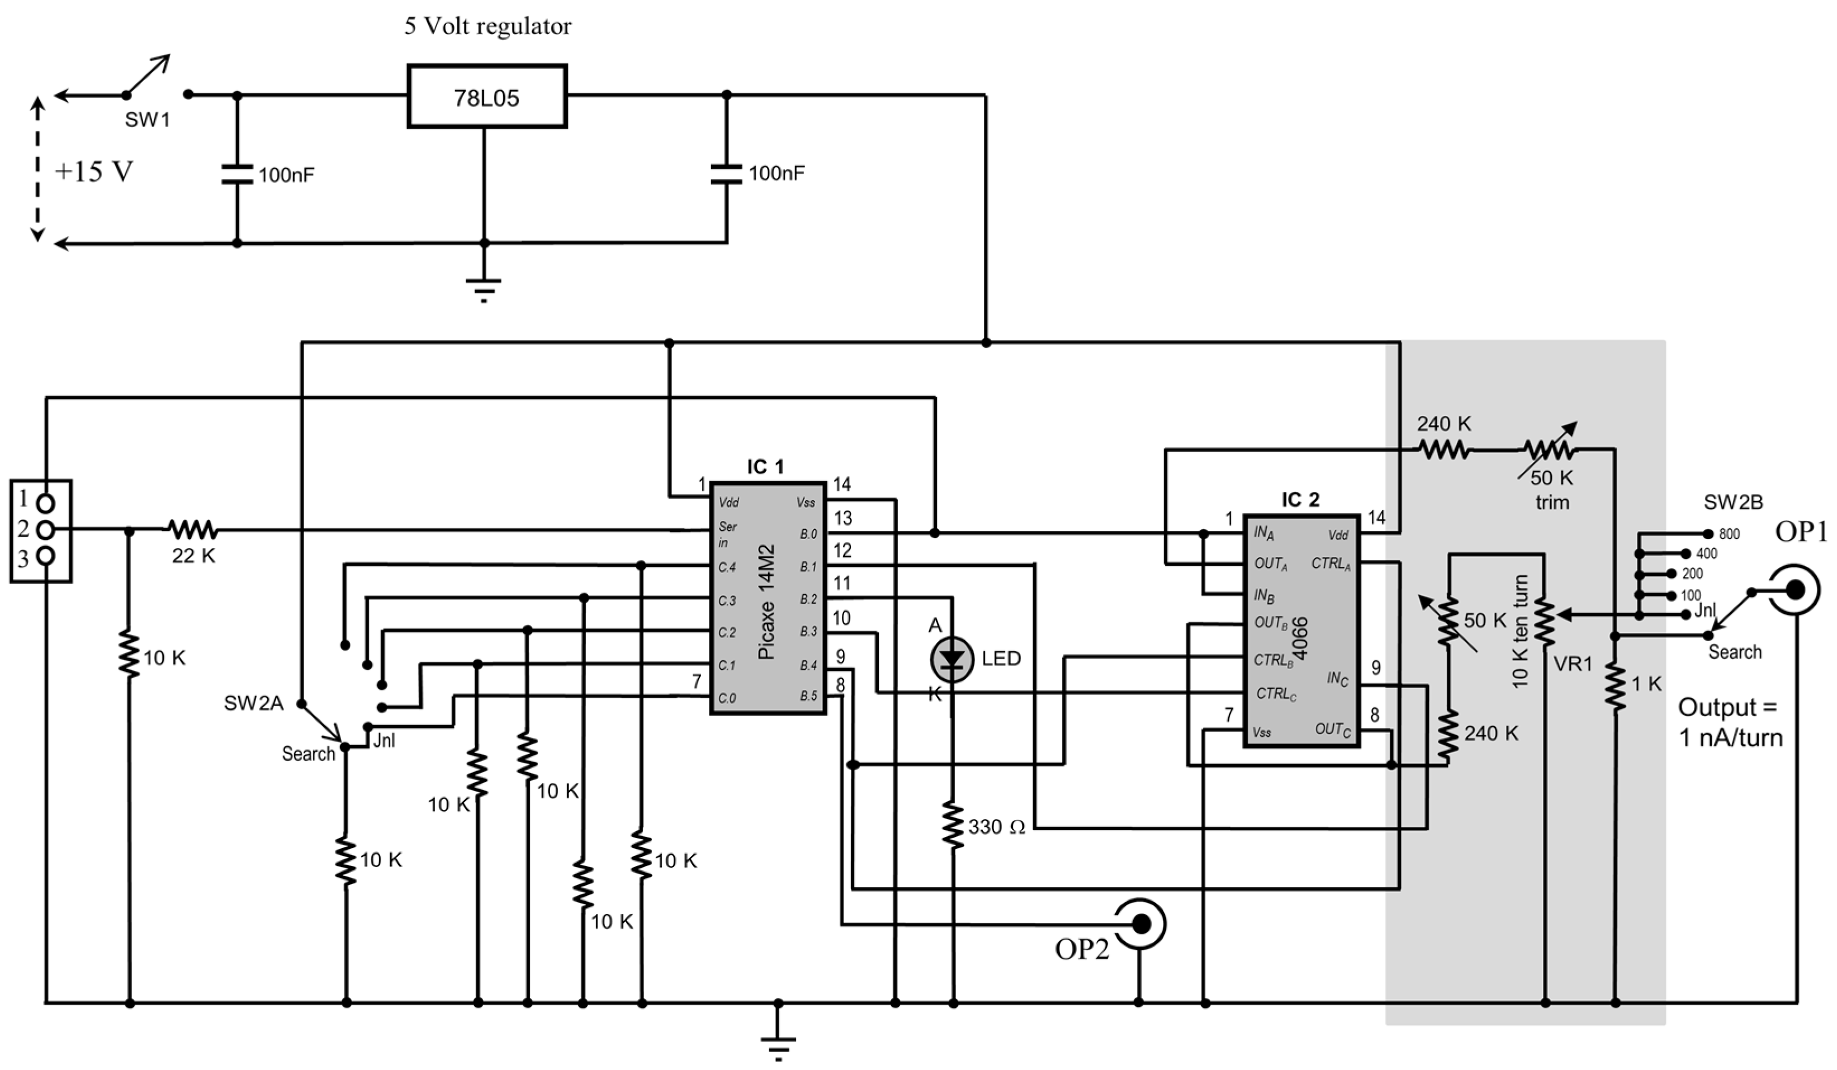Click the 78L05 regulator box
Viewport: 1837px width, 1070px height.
[487, 97]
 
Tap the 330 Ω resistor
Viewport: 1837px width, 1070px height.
[953, 825]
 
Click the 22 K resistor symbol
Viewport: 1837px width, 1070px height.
[192, 529]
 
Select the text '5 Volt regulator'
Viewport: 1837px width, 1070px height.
[487, 27]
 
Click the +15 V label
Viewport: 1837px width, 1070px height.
[93, 172]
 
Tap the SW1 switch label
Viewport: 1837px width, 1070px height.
[147, 120]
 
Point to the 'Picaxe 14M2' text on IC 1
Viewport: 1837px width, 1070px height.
[766, 602]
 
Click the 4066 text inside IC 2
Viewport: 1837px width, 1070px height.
[1300, 638]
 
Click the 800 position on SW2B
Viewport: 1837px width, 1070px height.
[1708, 533]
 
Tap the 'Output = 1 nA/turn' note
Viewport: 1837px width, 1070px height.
[1730, 722]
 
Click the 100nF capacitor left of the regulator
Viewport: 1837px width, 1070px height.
[237, 174]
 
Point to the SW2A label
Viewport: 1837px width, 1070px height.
[253, 703]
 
